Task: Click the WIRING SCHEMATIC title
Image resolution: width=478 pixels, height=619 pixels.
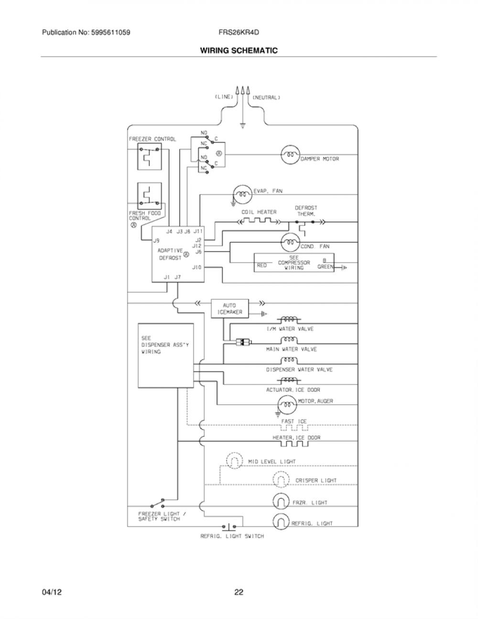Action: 239,51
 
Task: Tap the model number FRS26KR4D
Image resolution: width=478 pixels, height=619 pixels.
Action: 239,33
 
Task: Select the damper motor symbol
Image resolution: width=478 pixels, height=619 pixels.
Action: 291,155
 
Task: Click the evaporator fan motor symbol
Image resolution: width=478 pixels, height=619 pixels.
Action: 242,195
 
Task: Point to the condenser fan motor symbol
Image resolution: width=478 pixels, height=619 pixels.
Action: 291,243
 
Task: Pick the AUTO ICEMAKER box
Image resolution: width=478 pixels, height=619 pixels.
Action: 229,309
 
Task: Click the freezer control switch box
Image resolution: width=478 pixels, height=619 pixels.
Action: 149,156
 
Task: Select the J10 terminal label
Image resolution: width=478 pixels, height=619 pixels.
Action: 197,267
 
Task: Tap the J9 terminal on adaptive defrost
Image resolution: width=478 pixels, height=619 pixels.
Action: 156,241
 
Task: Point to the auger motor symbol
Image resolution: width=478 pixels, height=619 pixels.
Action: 287,405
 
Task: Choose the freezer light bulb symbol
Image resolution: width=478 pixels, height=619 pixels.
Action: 281,502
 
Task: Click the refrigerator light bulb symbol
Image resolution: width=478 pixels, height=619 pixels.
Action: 281,522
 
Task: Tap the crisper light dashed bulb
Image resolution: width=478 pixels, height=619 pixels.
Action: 281,480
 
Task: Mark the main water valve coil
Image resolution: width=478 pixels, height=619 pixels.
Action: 289,340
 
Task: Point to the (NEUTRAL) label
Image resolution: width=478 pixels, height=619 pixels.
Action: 266,98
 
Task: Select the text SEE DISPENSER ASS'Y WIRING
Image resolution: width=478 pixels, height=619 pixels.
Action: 165,345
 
